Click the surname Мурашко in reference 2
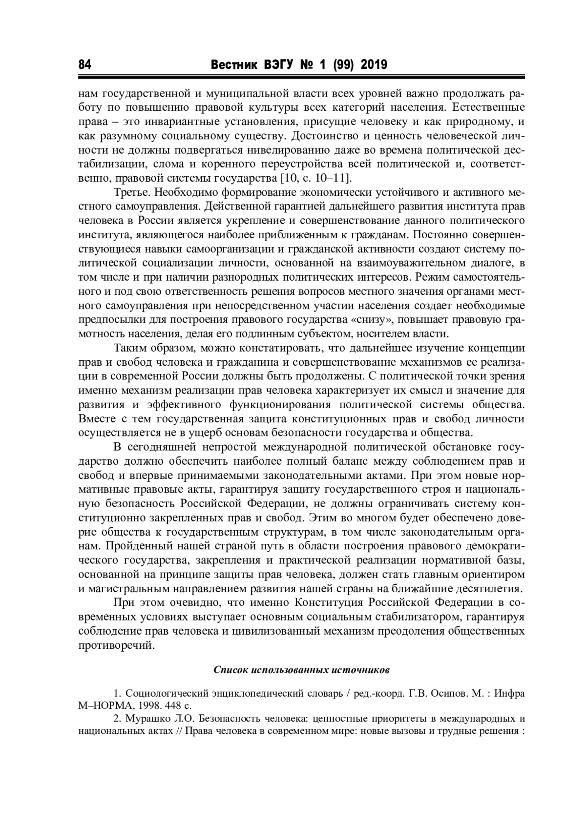pos(145,719)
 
